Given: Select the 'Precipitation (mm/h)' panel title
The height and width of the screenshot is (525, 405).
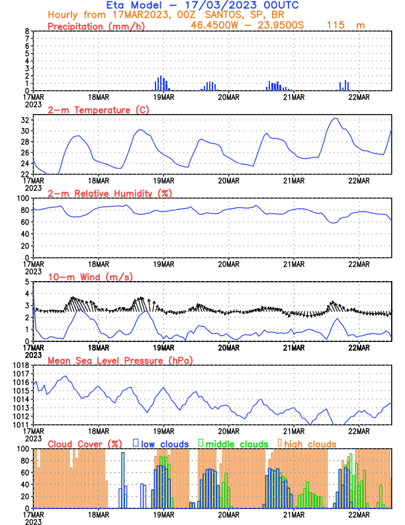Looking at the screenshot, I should pos(97,26).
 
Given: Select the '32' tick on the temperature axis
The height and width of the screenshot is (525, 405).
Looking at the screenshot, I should pos(24,120).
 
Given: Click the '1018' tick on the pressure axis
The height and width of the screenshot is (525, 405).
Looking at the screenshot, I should pos(20,365).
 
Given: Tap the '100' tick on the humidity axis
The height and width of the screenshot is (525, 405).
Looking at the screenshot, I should pos(22,198).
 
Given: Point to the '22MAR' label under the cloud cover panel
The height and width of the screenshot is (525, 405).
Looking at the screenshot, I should pos(358,514).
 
